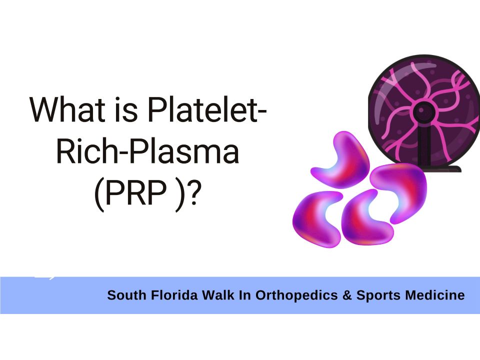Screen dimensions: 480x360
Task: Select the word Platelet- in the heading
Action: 207,109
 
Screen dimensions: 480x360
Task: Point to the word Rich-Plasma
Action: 147,151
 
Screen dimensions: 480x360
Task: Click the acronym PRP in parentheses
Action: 136,192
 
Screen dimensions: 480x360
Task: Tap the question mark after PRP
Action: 194,192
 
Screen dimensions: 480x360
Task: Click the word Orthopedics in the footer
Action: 296,295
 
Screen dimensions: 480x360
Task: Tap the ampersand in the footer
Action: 347,295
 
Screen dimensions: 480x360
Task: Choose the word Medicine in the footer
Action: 434,295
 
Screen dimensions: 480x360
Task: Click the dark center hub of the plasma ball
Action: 423,111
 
